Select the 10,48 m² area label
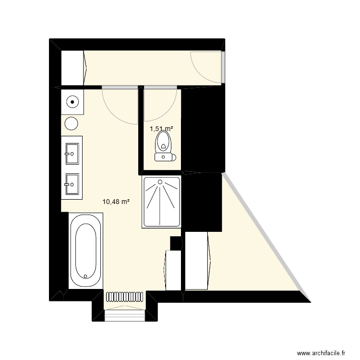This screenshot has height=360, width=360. click(x=117, y=202)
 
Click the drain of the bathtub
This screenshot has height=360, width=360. click(x=85, y=276)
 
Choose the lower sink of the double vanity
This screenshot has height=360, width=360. click(x=72, y=183)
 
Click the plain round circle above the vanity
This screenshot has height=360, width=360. click(x=72, y=123)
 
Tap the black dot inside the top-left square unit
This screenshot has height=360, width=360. click(x=72, y=102)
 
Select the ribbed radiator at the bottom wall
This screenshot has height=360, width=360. click(x=124, y=297)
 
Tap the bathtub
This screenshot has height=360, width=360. click(x=86, y=250)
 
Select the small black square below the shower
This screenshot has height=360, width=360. click(x=176, y=243)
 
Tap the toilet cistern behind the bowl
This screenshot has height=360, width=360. click(x=165, y=156)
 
